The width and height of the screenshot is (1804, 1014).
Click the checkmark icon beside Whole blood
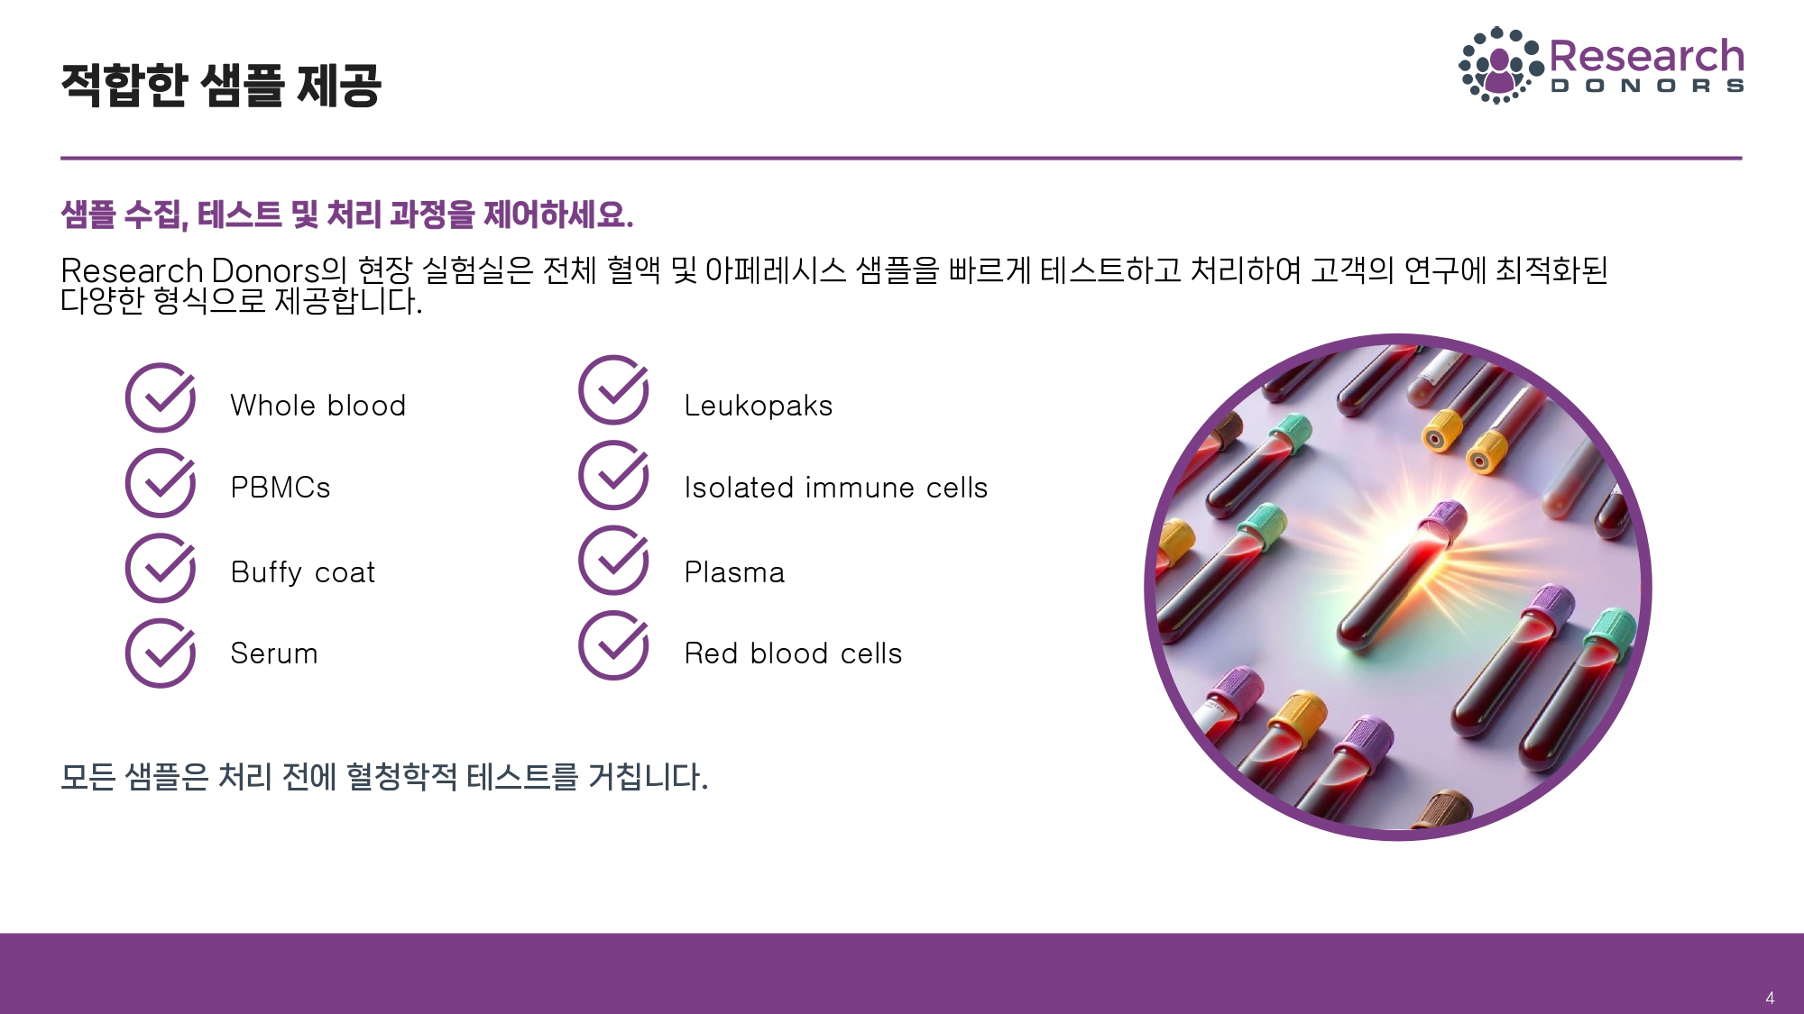pyautogui.click(x=160, y=398)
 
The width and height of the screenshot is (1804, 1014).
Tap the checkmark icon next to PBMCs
pyautogui.click(x=160, y=483)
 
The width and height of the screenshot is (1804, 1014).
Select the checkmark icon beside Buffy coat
pyautogui.click(x=160, y=568)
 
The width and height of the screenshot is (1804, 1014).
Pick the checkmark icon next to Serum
pyautogui.click(x=160, y=653)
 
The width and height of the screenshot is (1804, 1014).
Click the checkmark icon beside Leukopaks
pyautogui.click(x=613, y=390)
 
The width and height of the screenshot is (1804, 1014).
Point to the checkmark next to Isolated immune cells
pyautogui.click(x=613, y=475)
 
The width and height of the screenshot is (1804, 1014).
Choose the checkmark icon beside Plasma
pyautogui.click(x=613, y=560)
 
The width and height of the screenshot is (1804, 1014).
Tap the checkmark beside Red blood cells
pyautogui.click(x=613, y=644)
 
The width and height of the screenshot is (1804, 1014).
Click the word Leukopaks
pyautogui.click(x=758, y=406)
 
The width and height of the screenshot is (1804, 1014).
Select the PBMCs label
pyautogui.click(x=281, y=488)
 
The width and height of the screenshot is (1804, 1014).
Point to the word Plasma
pyautogui.click(x=734, y=572)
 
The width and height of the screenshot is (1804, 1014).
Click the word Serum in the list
pyautogui.click(x=274, y=653)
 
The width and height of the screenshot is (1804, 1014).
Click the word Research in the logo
pyautogui.click(x=1646, y=56)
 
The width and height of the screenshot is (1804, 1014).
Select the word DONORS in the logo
pyautogui.click(x=1647, y=87)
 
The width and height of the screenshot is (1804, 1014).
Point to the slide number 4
pyautogui.click(x=1770, y=998)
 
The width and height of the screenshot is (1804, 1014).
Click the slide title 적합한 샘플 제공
pyautogui.click(x=221, y=86)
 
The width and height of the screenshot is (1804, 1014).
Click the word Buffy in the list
pyautogui.click(x=266, y=573)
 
